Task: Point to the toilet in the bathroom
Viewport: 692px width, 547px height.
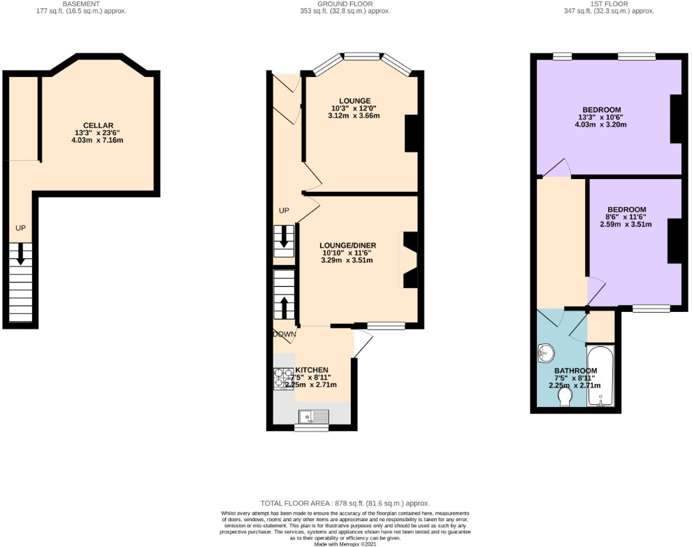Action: point(565,397)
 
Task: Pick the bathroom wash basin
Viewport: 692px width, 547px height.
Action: point(545,354)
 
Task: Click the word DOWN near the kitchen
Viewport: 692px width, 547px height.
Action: point(285,334)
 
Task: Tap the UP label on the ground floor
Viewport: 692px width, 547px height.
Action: point(284,211)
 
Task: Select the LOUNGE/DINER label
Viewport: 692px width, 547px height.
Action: point(348,245)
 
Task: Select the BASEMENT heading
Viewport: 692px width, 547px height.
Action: point(80,3)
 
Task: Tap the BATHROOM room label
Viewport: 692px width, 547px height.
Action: point(575,371)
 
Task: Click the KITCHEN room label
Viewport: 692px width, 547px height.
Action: point(312,369)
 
